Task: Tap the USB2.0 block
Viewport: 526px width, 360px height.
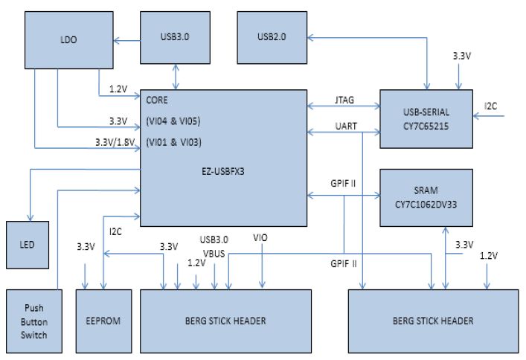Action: [273, 36]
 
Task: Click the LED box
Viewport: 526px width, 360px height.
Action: [27, 245]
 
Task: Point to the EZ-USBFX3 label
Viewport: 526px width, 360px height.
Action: [224, 170]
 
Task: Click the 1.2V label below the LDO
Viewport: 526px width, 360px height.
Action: [118, 89]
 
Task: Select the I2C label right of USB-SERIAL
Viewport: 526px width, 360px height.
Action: [491, 106]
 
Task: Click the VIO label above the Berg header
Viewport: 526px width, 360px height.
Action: [260, 237]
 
